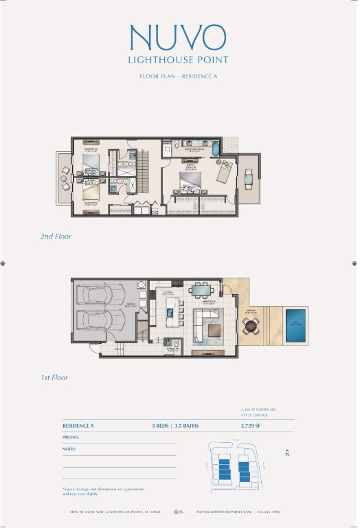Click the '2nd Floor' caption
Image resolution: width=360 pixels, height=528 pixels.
point(56,236)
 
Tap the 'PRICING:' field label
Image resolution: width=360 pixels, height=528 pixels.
point(71,437)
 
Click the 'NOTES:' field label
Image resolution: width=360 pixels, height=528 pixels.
point(69,449)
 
